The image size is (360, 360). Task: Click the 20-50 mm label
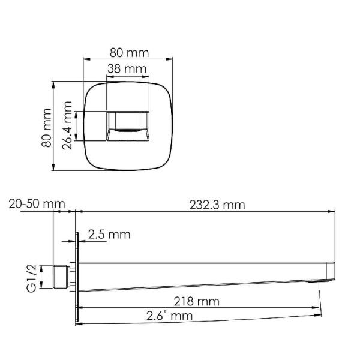pos(36,205)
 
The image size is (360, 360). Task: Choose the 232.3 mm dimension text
pos(217,205)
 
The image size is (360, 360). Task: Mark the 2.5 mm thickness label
pos(109,235)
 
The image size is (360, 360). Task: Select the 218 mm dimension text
pos(198,301)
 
